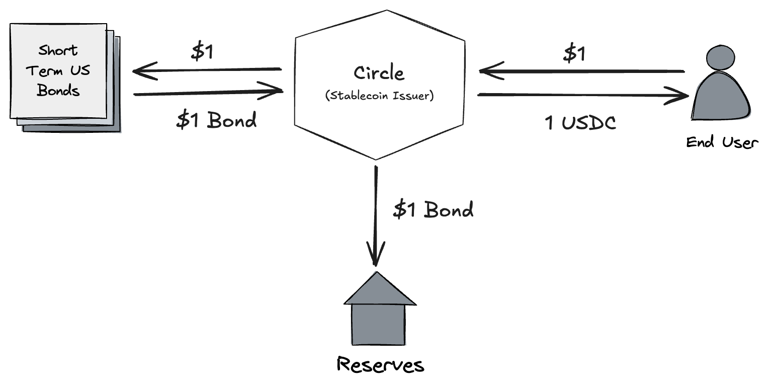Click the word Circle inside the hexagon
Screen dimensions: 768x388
379,73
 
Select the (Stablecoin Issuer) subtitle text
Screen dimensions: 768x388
380,96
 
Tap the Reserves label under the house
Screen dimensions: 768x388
381,365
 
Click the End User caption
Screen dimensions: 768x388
722,142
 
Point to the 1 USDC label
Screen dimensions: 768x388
580,123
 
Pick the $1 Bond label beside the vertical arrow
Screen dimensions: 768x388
434,210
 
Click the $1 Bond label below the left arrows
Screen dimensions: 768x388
216,120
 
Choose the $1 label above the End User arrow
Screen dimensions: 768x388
574,54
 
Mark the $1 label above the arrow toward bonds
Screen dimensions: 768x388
202,52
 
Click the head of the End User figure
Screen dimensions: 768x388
720,58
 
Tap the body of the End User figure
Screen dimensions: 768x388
721,96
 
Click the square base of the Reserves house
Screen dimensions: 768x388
378,325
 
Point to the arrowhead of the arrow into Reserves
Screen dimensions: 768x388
376,254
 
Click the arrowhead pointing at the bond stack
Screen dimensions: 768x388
145,71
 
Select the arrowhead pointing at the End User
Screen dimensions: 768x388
676,96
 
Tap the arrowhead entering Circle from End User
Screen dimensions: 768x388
491,70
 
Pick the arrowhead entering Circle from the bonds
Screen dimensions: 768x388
270,91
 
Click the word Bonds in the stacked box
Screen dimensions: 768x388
58,90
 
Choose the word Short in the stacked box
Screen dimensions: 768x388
58,50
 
